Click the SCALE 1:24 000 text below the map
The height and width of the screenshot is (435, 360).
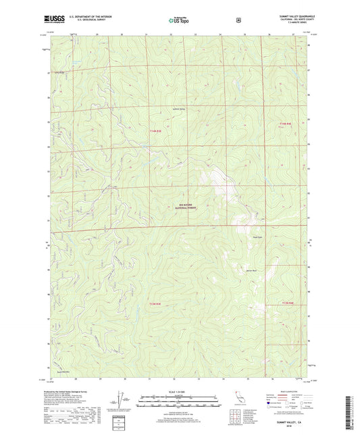coord(179,392)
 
